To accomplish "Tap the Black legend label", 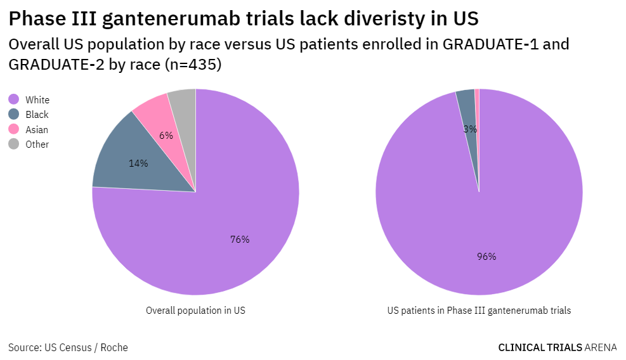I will coord(37,115).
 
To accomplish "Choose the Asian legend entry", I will coord(36,129).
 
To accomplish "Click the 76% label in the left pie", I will coord(240,240).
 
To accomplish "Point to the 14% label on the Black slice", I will coord(138,163).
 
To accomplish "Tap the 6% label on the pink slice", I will coord(166,135).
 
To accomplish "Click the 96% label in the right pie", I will coord(486,257).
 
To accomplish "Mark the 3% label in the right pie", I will coord(470,129).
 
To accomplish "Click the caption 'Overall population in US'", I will coord(195,311).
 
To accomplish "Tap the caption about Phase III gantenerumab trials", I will coord(479,311).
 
